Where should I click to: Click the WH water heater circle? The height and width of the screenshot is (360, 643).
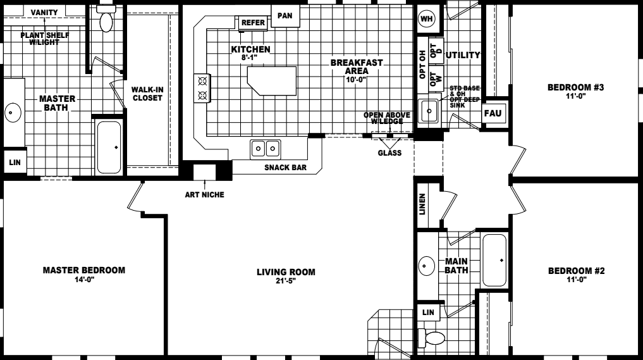click(x=427, y=19)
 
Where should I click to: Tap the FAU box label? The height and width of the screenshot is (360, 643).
click(x=493, y=114)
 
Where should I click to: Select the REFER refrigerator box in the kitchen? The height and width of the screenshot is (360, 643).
click(x=254, y=23)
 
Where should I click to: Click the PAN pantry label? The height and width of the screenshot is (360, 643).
click(x=285, y=15)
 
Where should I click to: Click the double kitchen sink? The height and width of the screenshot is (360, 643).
click(x=266, y=149)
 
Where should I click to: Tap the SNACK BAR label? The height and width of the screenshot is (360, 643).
click(x=285, y=168)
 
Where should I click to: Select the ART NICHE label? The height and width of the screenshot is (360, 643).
click(x=204, y=194)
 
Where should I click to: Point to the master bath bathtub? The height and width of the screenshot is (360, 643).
click(x=109, y=147)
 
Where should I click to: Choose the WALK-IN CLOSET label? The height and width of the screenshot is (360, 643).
click(x=147, y=94)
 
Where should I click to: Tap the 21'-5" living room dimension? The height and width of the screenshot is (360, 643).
click(x=286, y=282)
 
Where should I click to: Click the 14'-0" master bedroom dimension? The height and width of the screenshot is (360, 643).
click(x=83, y=279)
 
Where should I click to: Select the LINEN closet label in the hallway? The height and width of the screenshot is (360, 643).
click(x=422, y=204)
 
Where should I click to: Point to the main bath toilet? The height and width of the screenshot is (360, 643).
click(x=434, y=338)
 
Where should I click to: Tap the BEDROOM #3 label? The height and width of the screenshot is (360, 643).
click(x=576, y=88)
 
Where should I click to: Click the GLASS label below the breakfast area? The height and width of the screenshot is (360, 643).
click(x=389, y=152)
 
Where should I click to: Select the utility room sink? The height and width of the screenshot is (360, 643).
click(x=429, y=111)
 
